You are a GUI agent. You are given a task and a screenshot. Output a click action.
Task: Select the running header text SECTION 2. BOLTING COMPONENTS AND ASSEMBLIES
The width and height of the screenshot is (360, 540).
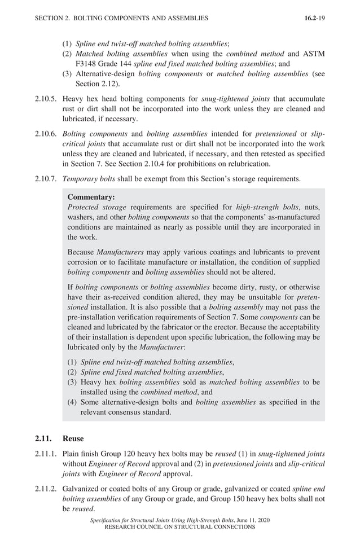coord(121,18)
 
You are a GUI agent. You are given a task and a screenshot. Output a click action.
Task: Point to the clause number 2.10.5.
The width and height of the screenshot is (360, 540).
coord(45,98)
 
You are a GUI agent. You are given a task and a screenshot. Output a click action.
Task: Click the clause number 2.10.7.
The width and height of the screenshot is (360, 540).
coord(45,179)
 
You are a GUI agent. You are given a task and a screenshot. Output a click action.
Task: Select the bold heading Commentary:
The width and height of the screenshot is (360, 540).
coord(91,197)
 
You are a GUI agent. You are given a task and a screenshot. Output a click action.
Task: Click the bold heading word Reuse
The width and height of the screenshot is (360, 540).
coord(73,438)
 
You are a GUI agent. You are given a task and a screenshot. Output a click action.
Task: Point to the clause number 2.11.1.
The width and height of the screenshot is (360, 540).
coord(45,453)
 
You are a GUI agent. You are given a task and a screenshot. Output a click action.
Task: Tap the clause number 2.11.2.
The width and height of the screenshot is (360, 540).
coord(45,489)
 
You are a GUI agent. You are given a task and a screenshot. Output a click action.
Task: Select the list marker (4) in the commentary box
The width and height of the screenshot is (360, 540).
coord(72,402)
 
